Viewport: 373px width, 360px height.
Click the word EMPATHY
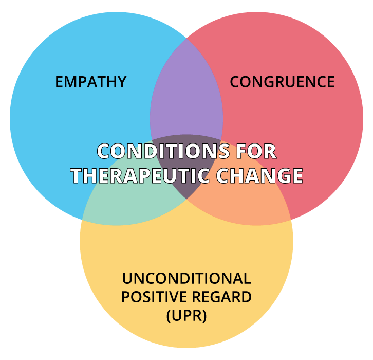[x=90, y=82]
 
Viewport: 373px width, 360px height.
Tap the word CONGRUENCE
[x=282, y=82]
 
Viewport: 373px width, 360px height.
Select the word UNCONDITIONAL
[x=186, y=279]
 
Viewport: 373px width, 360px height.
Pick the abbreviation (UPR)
[x=186, y=316]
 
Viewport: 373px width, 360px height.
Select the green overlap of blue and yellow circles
[x=128, y=206]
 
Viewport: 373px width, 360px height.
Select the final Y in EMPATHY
[x=121, y=82]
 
